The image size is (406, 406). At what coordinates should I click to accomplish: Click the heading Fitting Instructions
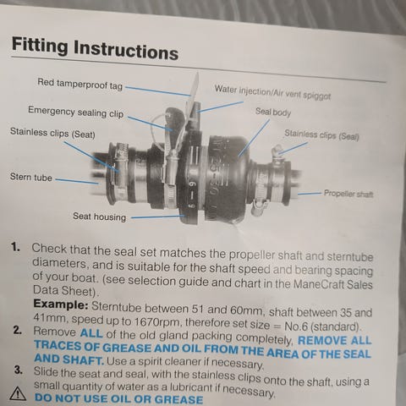[x=95, y=48]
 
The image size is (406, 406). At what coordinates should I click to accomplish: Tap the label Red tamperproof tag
[x=80, y=84]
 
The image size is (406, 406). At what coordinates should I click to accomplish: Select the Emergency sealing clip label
[x=75, y=112]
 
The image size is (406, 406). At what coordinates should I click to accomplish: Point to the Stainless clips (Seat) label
[x=52, y=133]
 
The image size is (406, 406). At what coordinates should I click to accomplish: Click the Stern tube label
[x=31, y=177]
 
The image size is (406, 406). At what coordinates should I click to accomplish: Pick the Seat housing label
[x=100, y=217]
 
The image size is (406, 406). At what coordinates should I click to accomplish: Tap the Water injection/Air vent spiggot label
[x=272, y=92]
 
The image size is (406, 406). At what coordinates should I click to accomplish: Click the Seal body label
[x=273, y=112]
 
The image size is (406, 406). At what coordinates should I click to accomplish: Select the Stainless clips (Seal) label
[x=321, y=134]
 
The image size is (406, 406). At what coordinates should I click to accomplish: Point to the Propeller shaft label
[x=348, y=194]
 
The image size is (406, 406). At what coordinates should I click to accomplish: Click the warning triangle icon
[x=18, y=393]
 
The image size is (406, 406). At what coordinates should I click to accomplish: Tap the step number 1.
[x=15, y=247]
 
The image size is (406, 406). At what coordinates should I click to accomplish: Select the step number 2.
[x=18, y=330]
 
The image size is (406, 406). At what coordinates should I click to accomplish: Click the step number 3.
[x=19, y=370]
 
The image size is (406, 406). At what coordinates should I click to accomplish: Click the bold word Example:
[x=61, y=304]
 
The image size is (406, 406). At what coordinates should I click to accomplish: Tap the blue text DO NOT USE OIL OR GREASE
[x=118, y=398]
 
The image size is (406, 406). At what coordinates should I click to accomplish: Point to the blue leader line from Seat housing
[x=157, y=217]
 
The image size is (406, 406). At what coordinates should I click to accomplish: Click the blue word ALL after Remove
[x=91, y=333]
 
